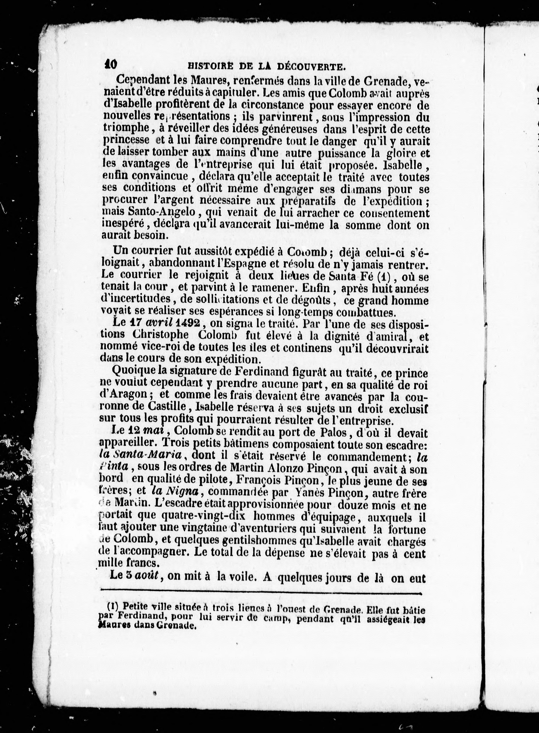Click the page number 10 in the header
point(111,64)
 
